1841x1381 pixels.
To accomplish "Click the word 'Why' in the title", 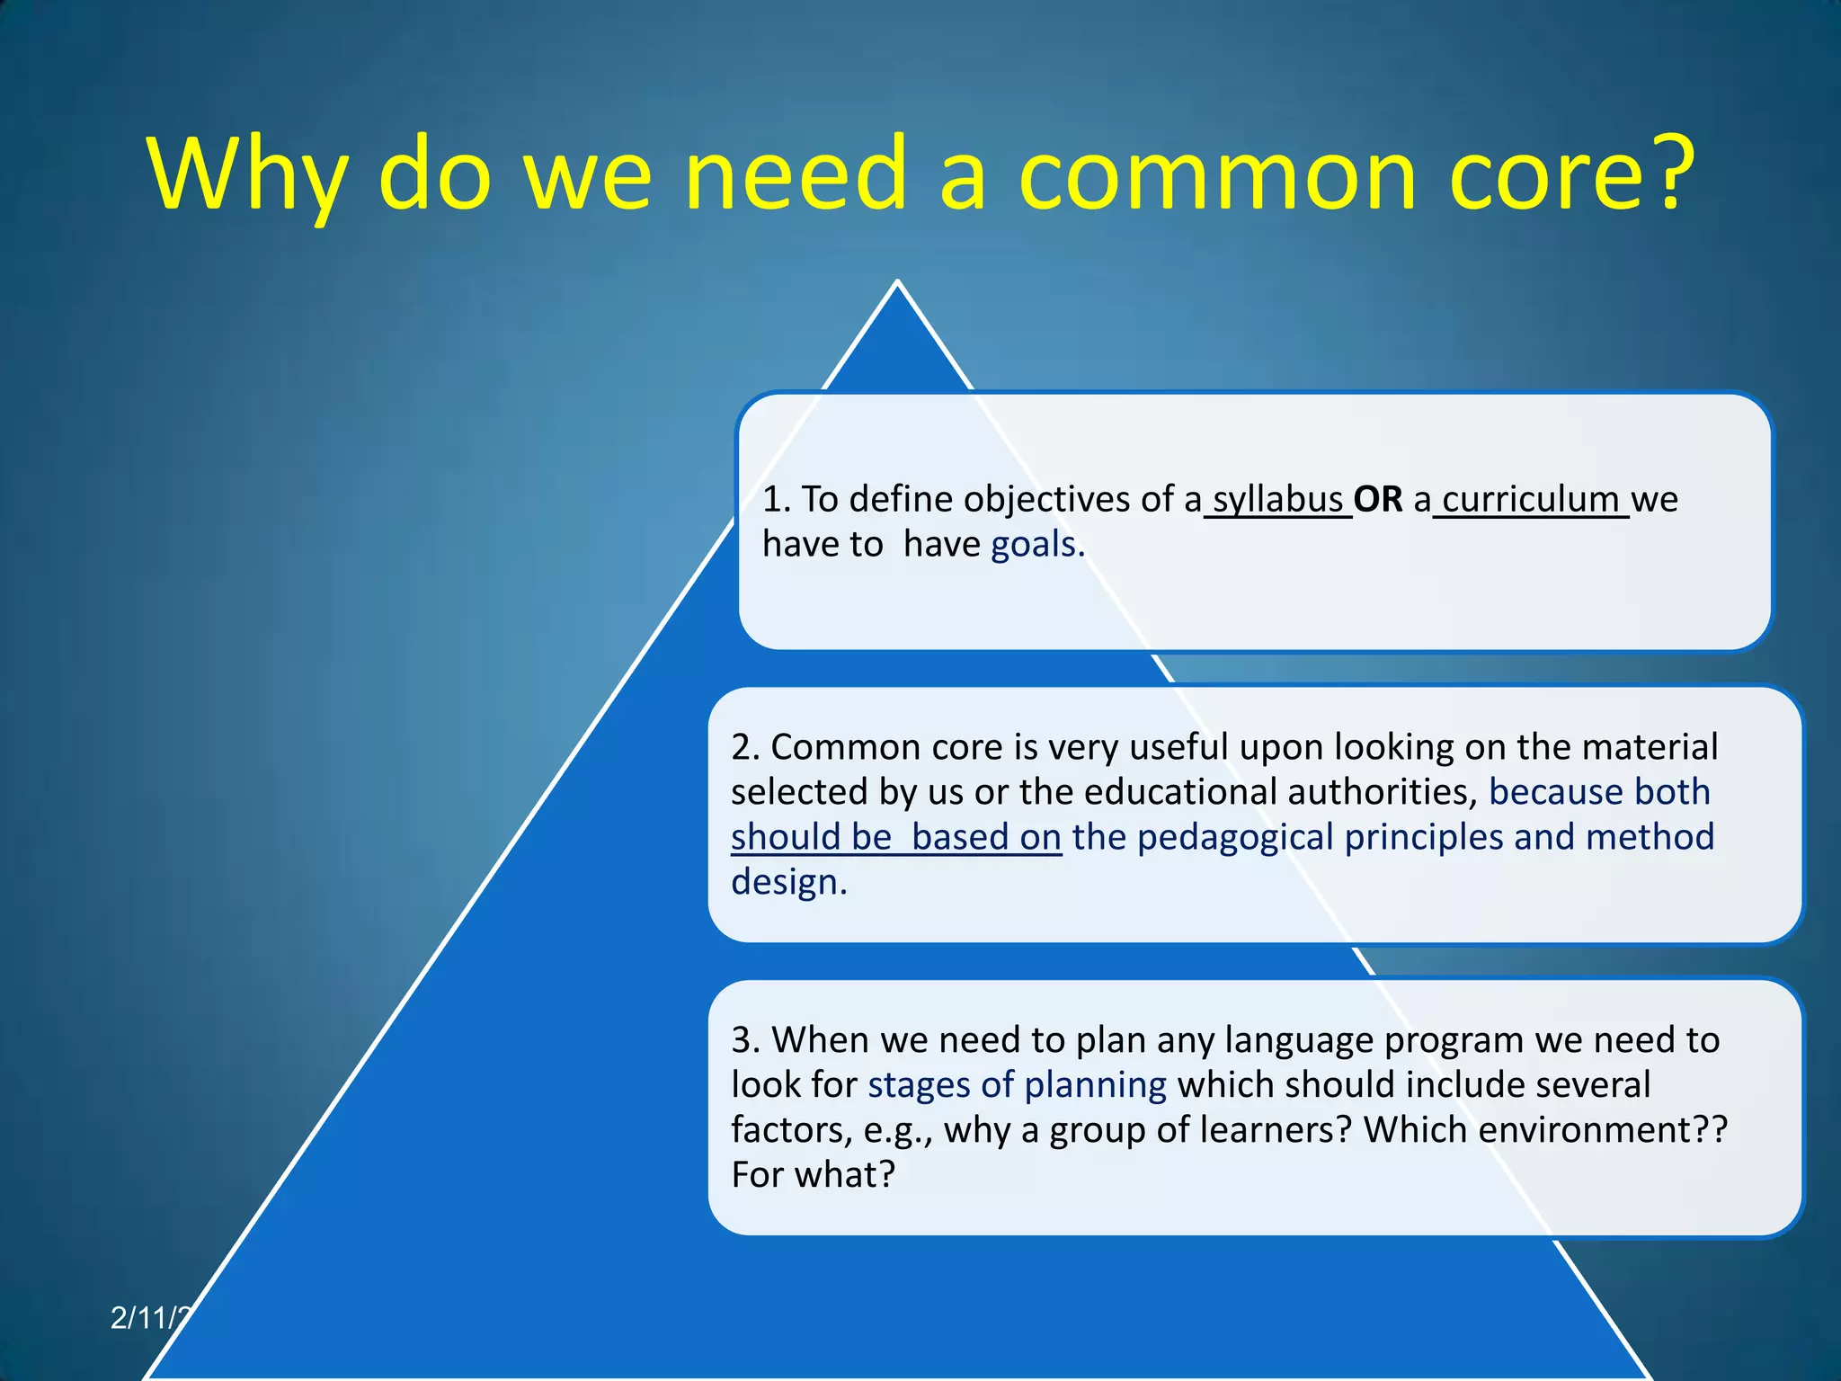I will (x=247, y=175).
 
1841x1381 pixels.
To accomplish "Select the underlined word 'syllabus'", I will (x=1277, y=499).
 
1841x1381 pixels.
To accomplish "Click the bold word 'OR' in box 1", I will (x=1378, y=499).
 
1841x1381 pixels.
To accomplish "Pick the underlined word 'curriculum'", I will (x=1530, y=499).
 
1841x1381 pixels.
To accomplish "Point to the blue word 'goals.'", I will (x=1037, y=545).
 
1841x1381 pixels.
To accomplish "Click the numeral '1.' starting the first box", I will (x=777, y=499).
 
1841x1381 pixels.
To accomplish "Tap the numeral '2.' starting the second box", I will (x=745, y=747).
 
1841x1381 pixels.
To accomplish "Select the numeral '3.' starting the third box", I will (x=745, y=1040).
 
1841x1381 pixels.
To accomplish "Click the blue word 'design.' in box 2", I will (x=788, y=882).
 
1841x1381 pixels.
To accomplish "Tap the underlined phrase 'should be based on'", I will (x=895, y=837).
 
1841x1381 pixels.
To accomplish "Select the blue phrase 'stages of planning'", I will (x=1017, y=1085).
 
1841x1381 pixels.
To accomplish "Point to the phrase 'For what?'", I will (x=813, y=1175).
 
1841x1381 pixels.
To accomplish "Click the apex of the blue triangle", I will (x=897, y=284).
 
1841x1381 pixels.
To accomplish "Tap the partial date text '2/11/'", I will (x=148, y=1318).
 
